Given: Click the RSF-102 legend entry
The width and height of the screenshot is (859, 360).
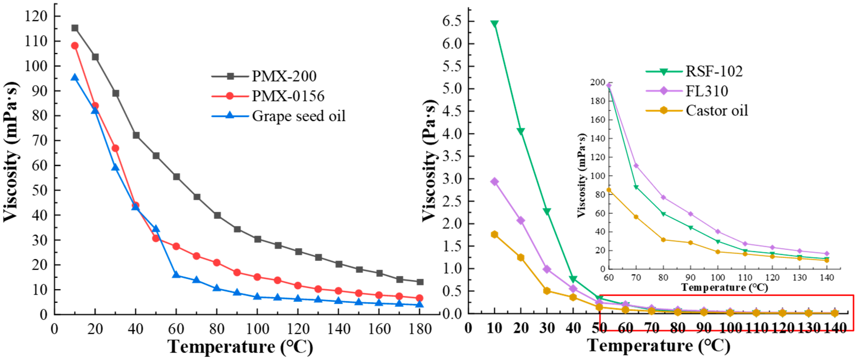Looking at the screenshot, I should [714, 71].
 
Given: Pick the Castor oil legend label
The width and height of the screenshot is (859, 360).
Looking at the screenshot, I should [716, 110].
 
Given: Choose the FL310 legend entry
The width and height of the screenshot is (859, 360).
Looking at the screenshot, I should [706, 91].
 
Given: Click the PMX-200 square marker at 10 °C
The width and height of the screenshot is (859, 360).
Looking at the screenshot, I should [75, 28].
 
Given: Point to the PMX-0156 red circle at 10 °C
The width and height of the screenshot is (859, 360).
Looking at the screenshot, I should [75, 46].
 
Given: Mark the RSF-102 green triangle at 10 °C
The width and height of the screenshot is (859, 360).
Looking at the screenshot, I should [494, 24].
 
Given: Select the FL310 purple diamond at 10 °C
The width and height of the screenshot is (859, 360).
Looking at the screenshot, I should [494, 182].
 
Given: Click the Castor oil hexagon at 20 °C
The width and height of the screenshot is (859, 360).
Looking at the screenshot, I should [521, 257].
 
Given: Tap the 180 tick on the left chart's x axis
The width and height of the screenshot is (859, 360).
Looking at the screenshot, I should [420, 329].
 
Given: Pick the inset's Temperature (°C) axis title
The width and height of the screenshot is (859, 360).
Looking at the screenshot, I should [724, 287].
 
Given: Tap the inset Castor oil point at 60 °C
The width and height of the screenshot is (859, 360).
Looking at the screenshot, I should [609, 190].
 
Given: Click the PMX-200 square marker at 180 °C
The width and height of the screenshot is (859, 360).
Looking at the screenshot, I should [420, 282].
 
